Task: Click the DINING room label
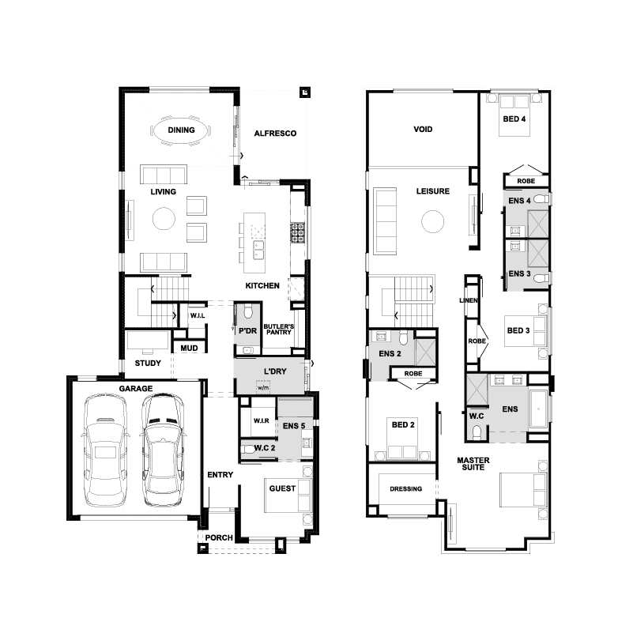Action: point(181,130)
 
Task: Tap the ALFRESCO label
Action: point(275,134)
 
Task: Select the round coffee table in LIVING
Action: point(164,218)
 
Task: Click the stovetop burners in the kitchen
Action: point(298,233)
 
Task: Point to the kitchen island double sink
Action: point(258,250)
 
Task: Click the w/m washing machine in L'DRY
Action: point(263,387)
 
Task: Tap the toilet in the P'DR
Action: point(248,311)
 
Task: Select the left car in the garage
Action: point(105,450)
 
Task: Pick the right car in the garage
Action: point(163,450)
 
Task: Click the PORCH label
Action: point(219,537)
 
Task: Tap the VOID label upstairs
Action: point(423,130)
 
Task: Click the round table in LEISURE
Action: point(433,221)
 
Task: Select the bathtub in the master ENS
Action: point(538,409)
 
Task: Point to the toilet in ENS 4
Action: point(541,198)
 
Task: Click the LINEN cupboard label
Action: point(469,300)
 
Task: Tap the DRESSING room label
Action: point(405,489)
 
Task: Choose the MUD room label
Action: point(189,348)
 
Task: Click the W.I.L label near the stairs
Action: point(198,315)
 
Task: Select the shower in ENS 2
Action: point(425,352)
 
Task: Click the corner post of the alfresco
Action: point(305,92)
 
